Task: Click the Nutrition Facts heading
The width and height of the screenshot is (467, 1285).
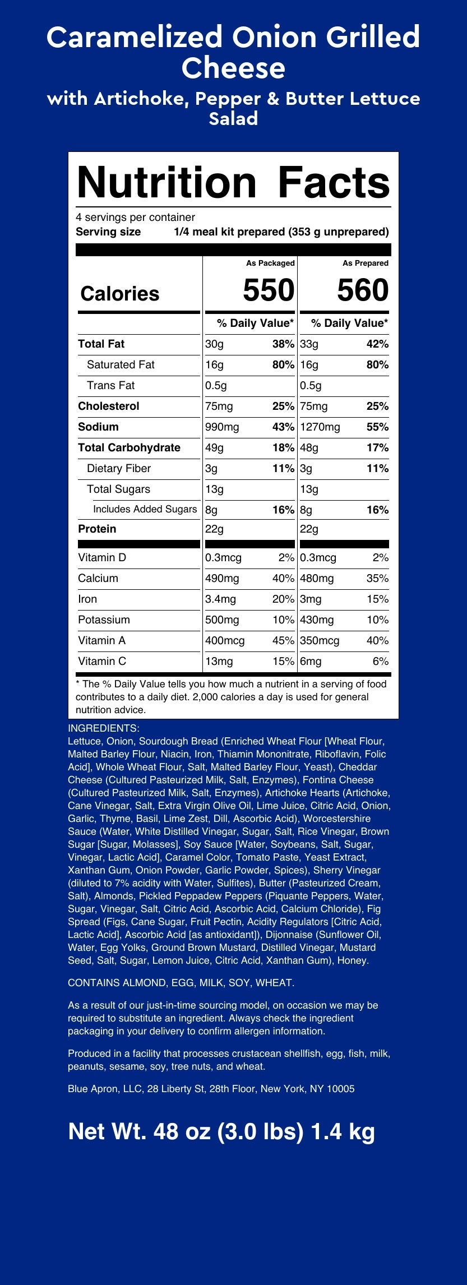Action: (x=233, y=183)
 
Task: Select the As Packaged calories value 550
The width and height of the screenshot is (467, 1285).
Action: (x=268, y=290)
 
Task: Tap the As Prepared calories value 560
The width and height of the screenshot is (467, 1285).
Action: (x=362, y=290)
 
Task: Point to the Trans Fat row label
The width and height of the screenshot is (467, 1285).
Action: (x=110, y=385)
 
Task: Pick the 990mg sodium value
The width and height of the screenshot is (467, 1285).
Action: (x=222, y=427)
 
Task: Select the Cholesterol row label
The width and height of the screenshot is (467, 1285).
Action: (x=109, y=406)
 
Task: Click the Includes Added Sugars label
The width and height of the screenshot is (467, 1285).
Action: (x=145, y=509)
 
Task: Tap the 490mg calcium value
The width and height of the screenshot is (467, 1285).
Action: (x=222, y=578)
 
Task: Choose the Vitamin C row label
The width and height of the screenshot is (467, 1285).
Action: (x=102, y=661)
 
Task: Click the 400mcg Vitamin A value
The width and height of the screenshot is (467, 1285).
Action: (x=225, y=640)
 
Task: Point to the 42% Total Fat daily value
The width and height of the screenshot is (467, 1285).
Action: (x=377, y=344)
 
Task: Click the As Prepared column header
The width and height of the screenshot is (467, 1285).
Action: (x=366, y=263)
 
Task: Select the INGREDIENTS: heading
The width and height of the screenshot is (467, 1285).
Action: (x=103, y=728)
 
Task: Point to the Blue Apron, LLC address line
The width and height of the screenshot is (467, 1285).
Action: (x=211, y=1089)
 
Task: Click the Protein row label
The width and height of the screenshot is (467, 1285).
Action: (x=97, y=529)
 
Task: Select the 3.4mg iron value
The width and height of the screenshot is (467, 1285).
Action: (x=221, y=599)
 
